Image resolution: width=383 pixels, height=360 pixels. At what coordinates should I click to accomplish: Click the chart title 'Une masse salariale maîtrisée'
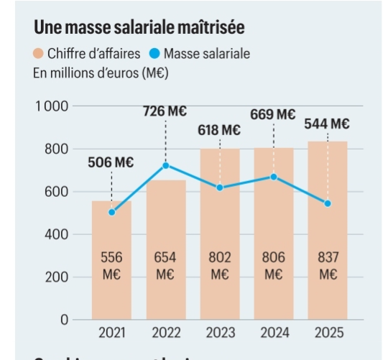click(x=139, y=28)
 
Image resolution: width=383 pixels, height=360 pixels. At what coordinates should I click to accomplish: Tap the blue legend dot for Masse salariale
click(x=155, y=54)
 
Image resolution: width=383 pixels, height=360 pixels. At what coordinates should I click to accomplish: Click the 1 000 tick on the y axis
click(x=51, y=106)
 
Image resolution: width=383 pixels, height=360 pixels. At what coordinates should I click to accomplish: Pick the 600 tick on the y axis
click(x=55, y=192)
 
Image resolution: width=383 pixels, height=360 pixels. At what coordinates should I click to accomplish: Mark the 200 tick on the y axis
click(x=55, y=277)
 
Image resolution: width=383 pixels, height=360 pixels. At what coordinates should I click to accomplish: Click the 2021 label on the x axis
click(x=111, y=333)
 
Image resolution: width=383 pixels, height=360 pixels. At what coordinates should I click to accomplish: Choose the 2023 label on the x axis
click(x=219, y=333)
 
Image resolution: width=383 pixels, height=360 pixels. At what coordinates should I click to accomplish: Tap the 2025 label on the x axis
click(x=328, y=333)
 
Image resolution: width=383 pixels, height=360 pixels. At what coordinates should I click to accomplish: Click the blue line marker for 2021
click(x=111, y=212)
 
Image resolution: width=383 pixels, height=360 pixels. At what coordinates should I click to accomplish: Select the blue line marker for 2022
click(x=165, y=165)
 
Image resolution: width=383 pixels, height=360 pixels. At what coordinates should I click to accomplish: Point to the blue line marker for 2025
click(x=328, y=203)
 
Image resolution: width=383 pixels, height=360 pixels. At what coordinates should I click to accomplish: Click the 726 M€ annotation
click(x=165, y=111)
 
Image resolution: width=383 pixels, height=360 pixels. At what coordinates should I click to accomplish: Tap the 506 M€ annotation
click(x=111, y=163)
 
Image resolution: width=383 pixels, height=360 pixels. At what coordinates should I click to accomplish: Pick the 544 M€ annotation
click(x=327, y=124)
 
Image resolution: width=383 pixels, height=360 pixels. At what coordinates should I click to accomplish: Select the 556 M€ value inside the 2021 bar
click(x=111, y=265)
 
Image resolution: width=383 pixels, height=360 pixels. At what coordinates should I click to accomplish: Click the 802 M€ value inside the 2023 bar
click(x=219, y=265)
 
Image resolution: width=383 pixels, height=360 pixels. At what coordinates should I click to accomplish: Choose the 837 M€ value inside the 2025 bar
click(x=328, y=265)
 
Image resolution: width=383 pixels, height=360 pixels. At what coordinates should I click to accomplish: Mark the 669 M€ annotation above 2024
click(x=273, y=114)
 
